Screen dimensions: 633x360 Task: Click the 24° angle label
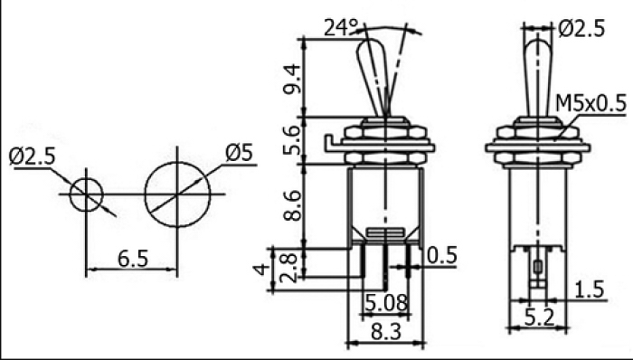click(x=341, y=28)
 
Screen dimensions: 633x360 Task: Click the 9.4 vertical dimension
click(x=292, y=79)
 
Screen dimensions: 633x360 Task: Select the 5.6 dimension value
click(x=292, y=140)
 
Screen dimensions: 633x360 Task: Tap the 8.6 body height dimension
click(x=292, y=205)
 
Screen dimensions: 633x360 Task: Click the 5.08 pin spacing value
click(x=386, y=302)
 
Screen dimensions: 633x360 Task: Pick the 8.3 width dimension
click(x=386, y=331)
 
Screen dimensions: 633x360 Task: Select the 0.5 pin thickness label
click(x=442, y=255)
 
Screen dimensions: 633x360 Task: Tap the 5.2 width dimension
click(x=539, y=317)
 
